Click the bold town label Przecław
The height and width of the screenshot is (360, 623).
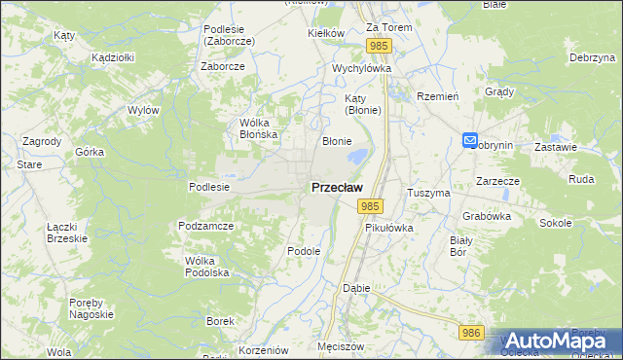click(x=338, y=187)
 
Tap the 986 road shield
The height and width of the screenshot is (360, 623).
click(x=472, y=333)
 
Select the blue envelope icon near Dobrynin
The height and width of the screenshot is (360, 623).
click(x=470, y=141)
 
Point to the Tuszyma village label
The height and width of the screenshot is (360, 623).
click(x=429, y=193)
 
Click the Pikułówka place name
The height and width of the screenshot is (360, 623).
click(x=389, y=228)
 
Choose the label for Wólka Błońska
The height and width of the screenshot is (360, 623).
click(x=259, y=128)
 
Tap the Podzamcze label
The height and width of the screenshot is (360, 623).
click(x=204, y=226)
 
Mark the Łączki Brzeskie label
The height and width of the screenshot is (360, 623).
click(x=67, y=233)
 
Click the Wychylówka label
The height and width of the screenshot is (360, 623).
click(x=361, y=69)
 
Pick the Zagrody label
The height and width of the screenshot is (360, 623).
click(x=42, y=141)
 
